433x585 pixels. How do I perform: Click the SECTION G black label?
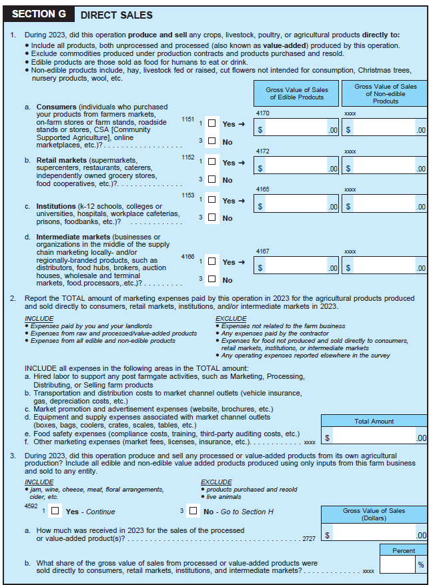point(39,15)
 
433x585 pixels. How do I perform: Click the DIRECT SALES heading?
point(116,15)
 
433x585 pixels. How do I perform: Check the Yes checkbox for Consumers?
point(211,123)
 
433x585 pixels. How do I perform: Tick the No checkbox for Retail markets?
point(211,179)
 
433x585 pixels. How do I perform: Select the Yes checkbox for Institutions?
point(211,200)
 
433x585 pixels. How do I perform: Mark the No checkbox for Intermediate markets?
point(211,279)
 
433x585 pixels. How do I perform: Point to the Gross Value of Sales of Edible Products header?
point(297,93)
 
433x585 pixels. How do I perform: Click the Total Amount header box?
point(374,421)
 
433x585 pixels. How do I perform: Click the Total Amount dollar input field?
point(374,437)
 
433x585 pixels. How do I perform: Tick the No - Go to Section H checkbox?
point(193,511)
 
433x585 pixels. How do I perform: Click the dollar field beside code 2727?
point(374,534)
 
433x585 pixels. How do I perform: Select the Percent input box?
point(398,564)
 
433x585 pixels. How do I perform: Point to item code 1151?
point(187,119)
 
